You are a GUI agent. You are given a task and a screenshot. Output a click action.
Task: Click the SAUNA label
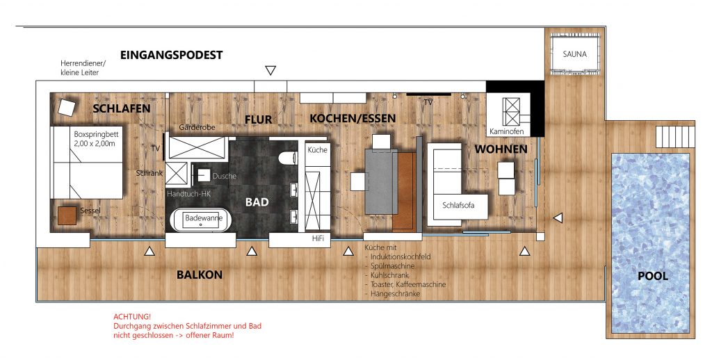point(574,54)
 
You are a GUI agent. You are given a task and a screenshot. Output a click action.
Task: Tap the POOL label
point(653,276)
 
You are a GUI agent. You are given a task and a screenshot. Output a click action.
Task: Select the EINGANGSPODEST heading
point(171,55)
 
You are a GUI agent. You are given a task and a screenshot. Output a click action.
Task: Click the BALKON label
point(200,275)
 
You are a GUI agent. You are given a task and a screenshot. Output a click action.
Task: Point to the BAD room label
point(257,202)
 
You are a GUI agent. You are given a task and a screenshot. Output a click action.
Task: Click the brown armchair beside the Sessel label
point(67,215)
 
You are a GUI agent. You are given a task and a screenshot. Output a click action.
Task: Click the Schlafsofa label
point(458,205)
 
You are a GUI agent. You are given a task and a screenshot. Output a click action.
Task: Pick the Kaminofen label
point(506,131)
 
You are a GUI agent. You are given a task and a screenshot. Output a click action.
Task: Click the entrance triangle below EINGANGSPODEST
point(270,70)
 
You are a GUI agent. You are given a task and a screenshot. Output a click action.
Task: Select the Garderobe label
point(197,128)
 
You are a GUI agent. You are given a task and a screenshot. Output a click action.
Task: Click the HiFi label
point(318,239)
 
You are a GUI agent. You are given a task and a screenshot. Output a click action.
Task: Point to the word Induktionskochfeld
point(400,257)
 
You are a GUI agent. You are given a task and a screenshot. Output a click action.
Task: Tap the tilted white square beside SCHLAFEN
point(66,107)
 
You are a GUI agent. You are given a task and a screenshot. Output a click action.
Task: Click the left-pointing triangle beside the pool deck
point(558,218)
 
